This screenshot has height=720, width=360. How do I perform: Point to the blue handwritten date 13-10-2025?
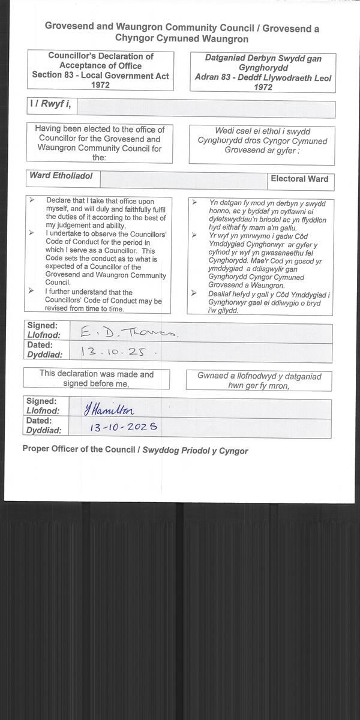[x=123, y=428]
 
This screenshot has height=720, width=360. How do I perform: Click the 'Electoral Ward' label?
[x=299, y=179]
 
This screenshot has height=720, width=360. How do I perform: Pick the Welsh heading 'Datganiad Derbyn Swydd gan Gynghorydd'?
[x=263, y=63]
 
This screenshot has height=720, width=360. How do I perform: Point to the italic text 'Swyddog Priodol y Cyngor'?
[x=195, y=451]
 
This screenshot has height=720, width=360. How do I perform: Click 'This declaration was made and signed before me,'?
[x=97, y=379]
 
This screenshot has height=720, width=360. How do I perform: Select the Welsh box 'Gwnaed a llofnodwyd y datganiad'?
[x=260, y=381]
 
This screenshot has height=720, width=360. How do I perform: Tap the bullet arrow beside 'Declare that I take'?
[x=31, y=200]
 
